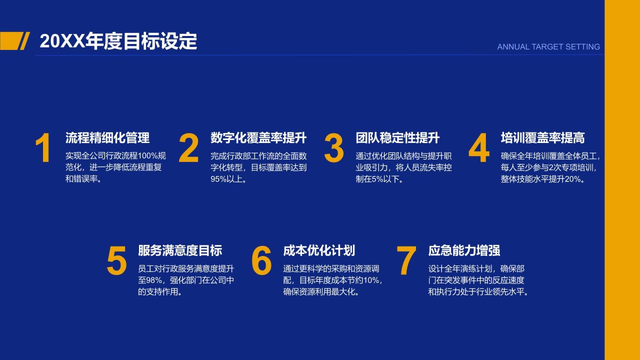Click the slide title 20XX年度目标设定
point(118,41)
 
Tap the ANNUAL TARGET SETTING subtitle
point(548,47)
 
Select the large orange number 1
point(43,148)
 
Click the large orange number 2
point(188,148)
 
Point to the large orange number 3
point(333,148)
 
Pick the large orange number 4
point(478,148)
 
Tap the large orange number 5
point(116,261)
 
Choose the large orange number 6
point(261,261)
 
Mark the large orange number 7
point(406,261)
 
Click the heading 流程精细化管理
point(107,138)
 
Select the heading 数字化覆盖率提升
point(258,138)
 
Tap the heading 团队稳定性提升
point(397,138)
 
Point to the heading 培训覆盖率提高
point(542,138)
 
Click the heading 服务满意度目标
point(180,250)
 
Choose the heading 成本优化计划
point(319,250)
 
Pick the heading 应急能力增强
point(464,250)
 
